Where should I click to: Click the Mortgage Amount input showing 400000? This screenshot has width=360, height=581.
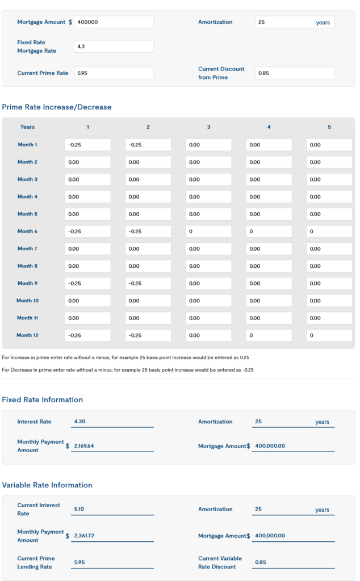(114, 22)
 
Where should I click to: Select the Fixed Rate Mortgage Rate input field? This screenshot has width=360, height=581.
(114, 47)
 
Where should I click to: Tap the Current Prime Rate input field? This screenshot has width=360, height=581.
(114, 73)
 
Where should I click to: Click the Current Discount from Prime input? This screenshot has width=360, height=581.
(295, 73)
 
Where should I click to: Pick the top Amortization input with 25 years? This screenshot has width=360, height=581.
(295, 23)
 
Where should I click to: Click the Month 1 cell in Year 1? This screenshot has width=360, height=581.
(88, 145)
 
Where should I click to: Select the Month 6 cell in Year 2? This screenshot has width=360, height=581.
(148, 231)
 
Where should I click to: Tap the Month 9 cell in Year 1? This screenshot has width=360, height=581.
(88, 283)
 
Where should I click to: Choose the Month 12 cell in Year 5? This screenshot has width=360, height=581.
(329, 335)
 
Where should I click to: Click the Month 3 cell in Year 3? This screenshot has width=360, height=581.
(208, 179)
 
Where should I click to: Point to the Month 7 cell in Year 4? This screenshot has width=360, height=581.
(269, 249)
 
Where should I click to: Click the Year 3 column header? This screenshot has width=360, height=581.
(208, 127)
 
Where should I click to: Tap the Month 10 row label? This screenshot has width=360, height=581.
(27, 301)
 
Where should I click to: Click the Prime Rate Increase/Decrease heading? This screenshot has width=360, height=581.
(57, 107)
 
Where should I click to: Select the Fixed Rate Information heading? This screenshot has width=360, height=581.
(43, 400)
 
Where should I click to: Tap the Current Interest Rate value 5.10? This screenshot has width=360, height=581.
(80, 510)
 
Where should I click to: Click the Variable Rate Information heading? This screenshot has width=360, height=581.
(47, 485)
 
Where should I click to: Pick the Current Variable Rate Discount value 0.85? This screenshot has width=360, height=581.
(261, 562)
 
